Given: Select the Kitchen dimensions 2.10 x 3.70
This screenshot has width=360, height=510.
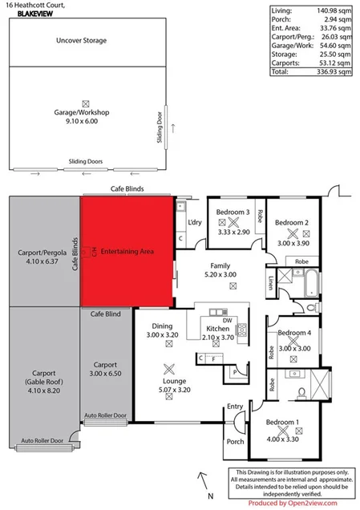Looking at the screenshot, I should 218,338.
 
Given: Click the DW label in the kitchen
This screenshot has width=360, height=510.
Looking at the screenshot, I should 228,320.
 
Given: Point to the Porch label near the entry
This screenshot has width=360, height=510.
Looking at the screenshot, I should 235,442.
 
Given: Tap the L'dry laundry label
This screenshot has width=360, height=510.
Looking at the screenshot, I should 193,222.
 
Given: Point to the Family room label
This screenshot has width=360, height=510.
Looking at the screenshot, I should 220,265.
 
